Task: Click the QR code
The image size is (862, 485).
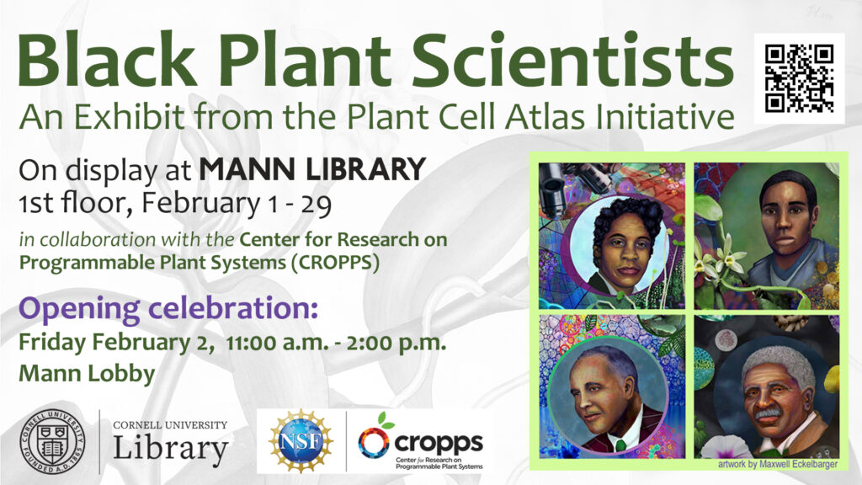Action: (799, 78)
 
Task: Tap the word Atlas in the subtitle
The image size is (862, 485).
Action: (564, 116)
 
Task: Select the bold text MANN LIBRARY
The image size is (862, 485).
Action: (311, 171)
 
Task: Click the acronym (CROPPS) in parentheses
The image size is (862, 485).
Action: (336, 262)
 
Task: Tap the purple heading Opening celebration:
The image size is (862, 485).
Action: (168, 308)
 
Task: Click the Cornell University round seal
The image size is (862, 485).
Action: (52, 440)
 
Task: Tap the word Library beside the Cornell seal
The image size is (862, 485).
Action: (170, 449)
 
